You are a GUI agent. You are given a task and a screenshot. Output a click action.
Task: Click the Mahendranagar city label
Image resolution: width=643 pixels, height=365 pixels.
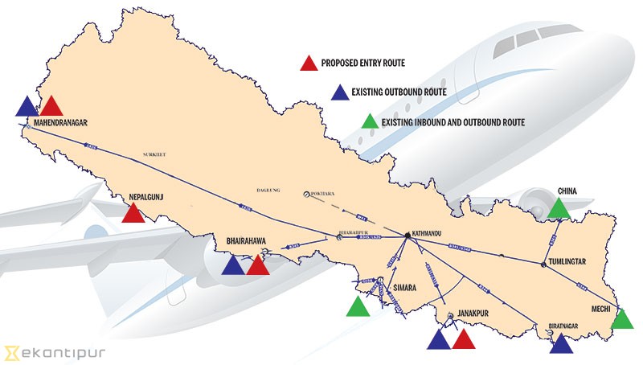coord(59,123)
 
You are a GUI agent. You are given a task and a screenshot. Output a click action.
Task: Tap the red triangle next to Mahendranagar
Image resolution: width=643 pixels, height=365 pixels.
coord(51,106)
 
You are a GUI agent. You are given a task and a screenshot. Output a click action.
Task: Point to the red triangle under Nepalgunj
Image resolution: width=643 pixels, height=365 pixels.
coord(133,213)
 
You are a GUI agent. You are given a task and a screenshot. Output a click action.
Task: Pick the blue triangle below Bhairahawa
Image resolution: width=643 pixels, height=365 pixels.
coord(233,265)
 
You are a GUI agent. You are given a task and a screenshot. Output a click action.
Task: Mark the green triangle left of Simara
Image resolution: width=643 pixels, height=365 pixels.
coord(357,306)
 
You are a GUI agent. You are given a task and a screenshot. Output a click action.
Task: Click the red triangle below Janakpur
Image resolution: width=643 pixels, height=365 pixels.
coord(464,339)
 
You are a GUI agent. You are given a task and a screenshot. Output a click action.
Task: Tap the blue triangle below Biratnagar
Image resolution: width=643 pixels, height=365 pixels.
coord(561,344)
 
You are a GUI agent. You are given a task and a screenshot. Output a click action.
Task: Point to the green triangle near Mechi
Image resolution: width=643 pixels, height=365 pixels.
coord(623,319)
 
